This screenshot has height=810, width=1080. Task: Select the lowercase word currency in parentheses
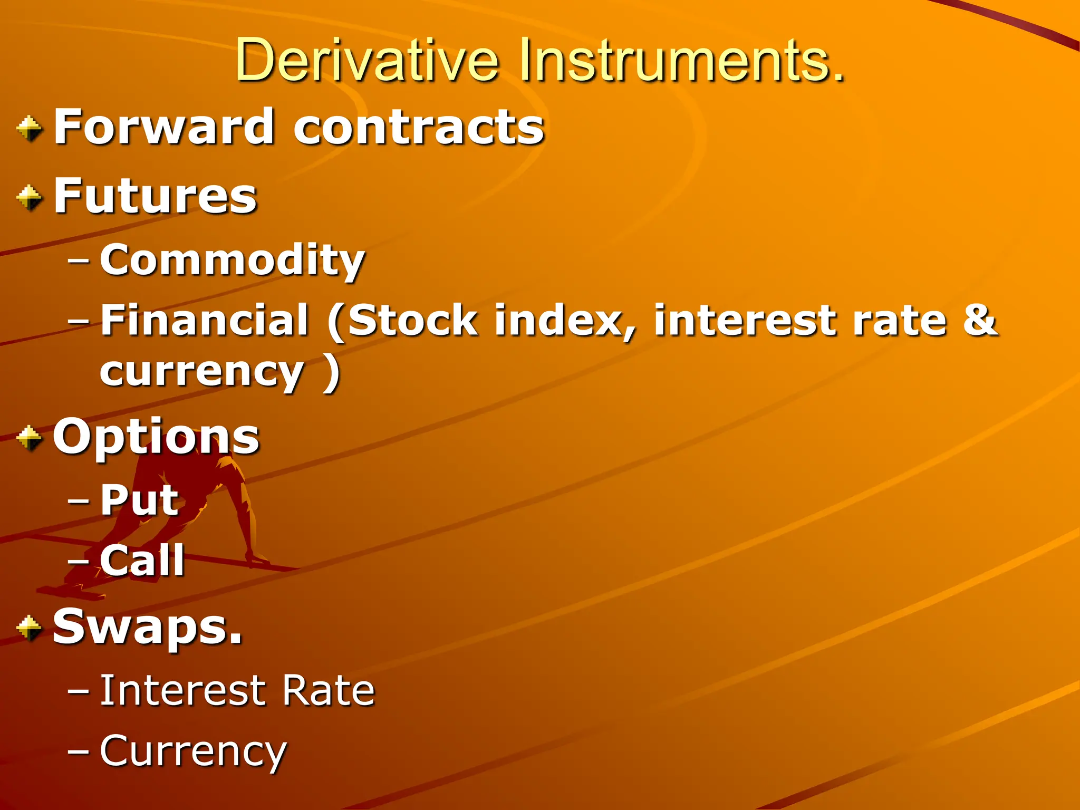point(202,372)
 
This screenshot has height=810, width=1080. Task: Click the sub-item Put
point(140,500)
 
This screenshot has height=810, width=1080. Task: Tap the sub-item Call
point(142,560)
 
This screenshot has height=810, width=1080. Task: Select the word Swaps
point(148,626)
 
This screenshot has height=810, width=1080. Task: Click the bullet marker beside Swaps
point(30,628)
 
